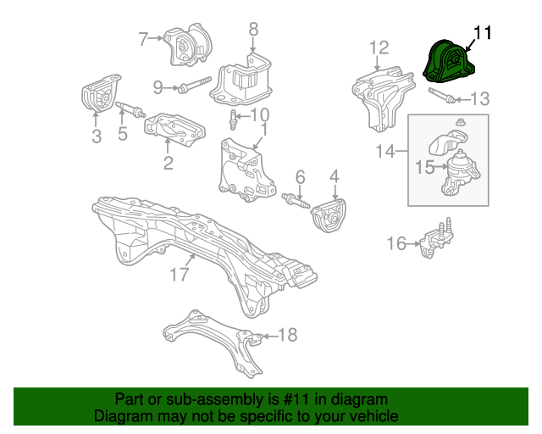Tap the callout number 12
coord(379,47)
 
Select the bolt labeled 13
coord(441,95)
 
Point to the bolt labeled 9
coord(194,85)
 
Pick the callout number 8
coord(253,29)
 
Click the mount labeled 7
coord(188,45)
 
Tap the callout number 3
coord(97,136)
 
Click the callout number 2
coord(168,163)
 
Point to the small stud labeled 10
coord(234,120)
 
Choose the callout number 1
coord(264,130)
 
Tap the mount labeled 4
coord(329,215)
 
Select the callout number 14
coord(384,151)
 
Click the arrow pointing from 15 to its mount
coord(440,167)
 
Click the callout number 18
coord(288,335)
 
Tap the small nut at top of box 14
coord(460,122)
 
